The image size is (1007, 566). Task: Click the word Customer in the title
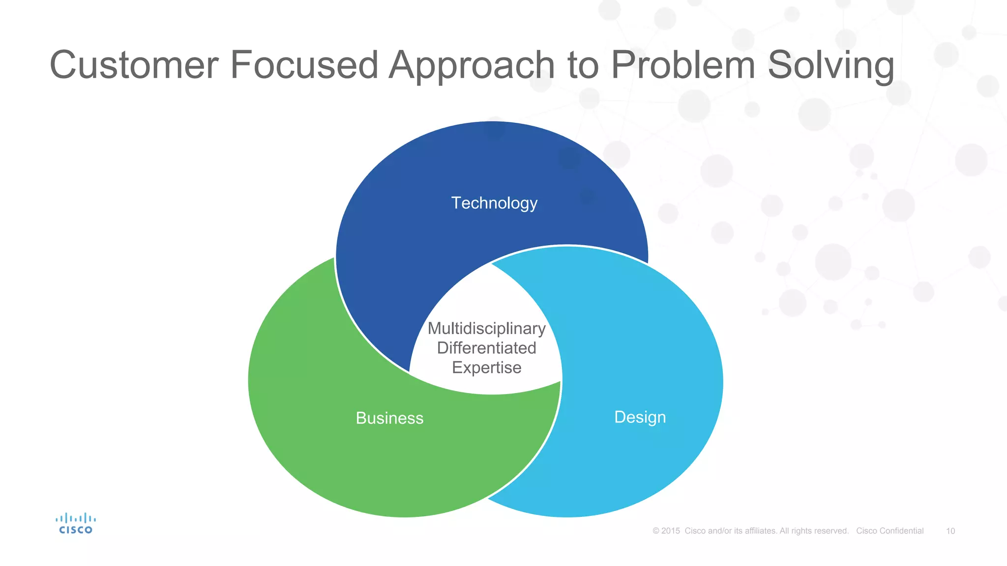tap(134, 65)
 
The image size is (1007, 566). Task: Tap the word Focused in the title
tap(303, 65)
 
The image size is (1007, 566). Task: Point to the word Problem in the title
tap(682, 65)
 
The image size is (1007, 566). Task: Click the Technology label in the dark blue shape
tap(494, 203)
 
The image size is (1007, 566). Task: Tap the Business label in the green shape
tap(389, 418)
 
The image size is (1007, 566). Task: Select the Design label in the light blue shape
tap(640, 417)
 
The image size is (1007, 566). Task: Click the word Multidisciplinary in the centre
tap(486, 329)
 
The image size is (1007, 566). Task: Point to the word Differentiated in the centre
tap(486, 348)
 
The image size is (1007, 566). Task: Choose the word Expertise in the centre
tap(486, 368)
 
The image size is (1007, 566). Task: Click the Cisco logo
tap(75, 524)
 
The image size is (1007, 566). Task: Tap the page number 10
tap(950, 531)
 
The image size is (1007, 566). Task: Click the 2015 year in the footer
tap(670, 531)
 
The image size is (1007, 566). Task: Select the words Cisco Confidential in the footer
tap(889, 531)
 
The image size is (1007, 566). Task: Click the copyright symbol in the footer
tap(656, 531)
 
